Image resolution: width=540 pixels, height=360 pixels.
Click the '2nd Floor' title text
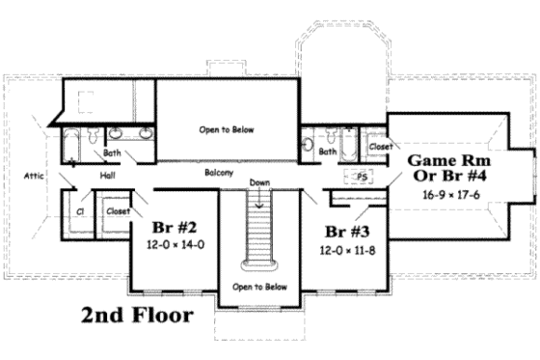pyautogui.click(x=136, y=315)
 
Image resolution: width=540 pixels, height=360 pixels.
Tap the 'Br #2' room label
pyautogui.click(x=175, y=228)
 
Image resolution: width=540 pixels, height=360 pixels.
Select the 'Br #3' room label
pyautogui.click(x=348, y=231)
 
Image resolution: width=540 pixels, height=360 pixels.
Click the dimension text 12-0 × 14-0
pyautogui.click(x=175, y=245)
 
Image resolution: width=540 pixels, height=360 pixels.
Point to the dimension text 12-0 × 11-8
pyautogui.click(x=349, y=248)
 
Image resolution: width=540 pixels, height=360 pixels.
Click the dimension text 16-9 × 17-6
pyautogui.click(x=451, y=194)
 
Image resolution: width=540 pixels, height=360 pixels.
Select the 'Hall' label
pyautogui.click(x=106, y=176)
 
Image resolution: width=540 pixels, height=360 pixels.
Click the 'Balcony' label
pyautogui.click(x=221, y=173)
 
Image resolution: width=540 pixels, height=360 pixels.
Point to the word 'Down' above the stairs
pyautogui.click(x=258, y=182)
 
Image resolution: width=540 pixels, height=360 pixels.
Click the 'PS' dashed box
pyautogui.click(x=363, y=178)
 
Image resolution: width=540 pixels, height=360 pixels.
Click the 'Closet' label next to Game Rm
pyautogui.click(x=380, y=148)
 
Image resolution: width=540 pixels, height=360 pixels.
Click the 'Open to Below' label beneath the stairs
pyautogui.click(x=258, y=287)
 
